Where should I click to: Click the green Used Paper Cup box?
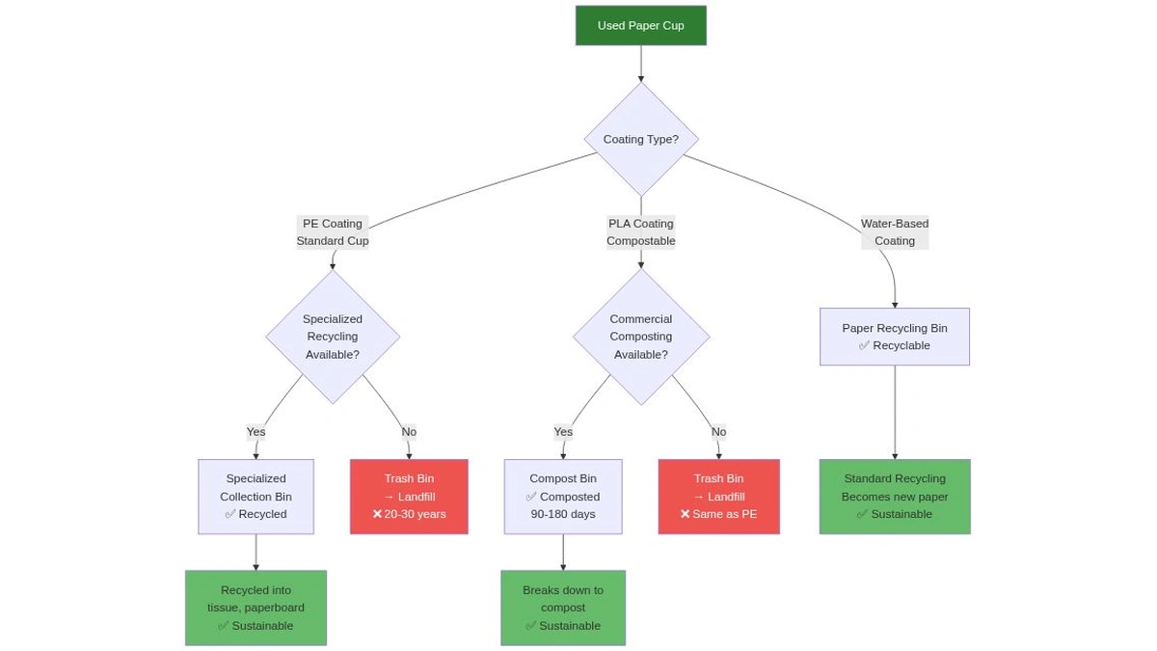click(640, 26)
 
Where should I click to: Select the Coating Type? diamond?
click(640, 140)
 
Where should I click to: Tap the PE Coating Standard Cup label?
click(332, 232)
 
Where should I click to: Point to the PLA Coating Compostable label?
click(640, 232)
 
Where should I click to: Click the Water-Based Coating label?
click(895, 232)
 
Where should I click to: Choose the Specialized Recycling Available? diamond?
click(332, 337)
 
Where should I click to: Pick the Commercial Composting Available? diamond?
click(640, 337)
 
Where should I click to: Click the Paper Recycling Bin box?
click(895, 337)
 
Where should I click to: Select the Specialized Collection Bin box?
click(256, 497)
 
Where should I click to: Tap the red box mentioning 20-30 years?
click(409, 497)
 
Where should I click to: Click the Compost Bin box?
click(563, 497)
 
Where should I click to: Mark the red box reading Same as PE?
click(718, 497)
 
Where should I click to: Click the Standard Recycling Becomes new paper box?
click(895, 497)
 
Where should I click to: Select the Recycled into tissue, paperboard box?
click(256, 608)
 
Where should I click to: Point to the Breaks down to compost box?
click(563, 608)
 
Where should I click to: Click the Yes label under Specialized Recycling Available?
click(256, 432)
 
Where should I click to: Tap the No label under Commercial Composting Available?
click(718, 432)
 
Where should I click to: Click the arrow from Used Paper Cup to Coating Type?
click(640, 64)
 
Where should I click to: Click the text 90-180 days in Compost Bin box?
click(563, 515)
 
